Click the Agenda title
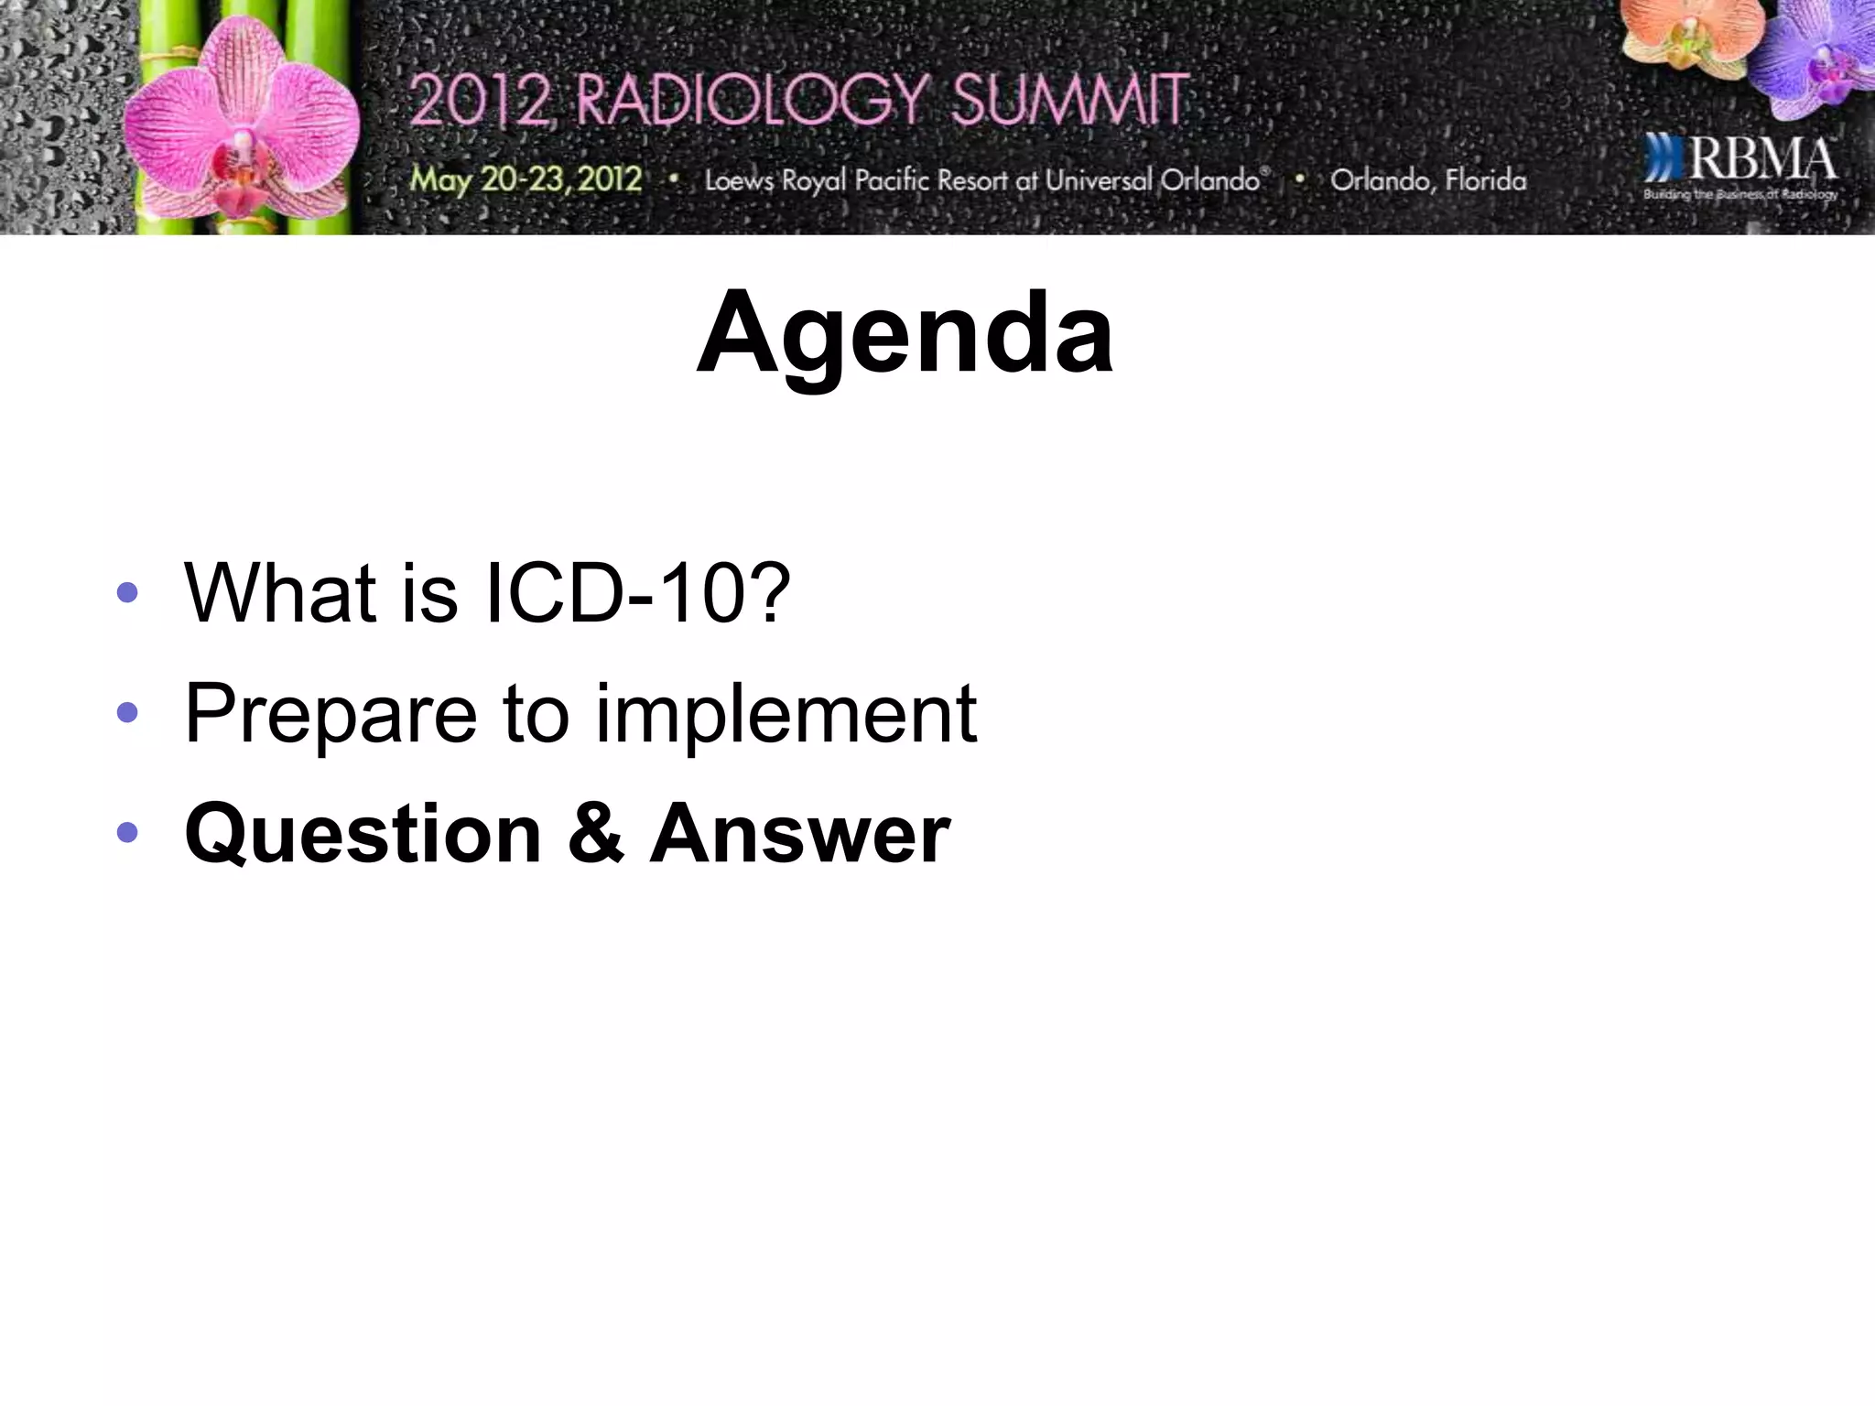click(905, 333)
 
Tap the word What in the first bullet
click(280, 593)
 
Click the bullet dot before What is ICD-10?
click(127, 593)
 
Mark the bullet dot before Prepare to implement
click(127, 712)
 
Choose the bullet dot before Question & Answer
click(127, 832)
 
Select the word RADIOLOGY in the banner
click(751, 100)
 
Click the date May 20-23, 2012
click(526, 179)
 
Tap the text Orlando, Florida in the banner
click(1428, 180)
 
